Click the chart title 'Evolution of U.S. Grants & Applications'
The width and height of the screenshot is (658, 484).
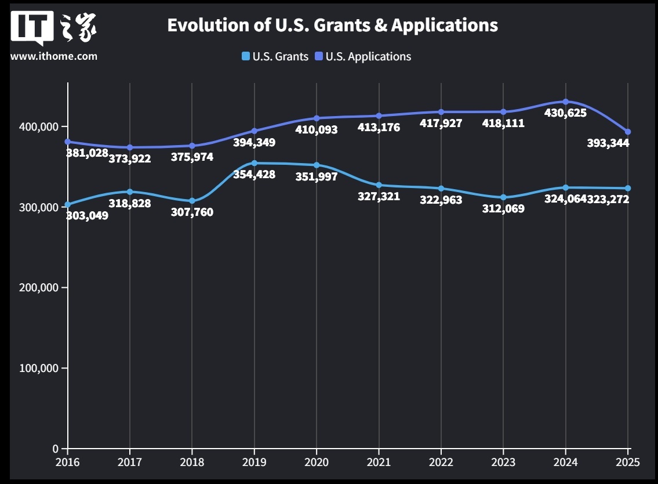pyautogui.click(x=332, y=25)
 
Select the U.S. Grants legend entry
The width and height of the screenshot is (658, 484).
pyautogui.click(x=275, y=56)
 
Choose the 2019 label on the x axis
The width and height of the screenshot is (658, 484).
pyautogui.click(x=254, y=462)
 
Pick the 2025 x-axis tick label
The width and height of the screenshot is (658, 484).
pyautogui.click(x=627, y=462)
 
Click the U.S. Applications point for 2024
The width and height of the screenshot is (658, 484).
pyautogui.click(x=565, y=102)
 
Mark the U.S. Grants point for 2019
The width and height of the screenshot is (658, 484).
pyautogui.click(x=255, y=163)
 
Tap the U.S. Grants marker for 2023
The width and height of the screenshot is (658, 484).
pyautogui.click(x=503, y=197)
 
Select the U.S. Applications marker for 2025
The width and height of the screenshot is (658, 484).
pyautogui.click(x=628, y=132)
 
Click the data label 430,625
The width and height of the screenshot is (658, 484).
pyautogui.click(x=565, y=113)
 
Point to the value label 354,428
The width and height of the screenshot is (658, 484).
pyautogui.click(x=254, y=174)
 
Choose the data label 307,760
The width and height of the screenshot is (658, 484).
pyautogui.click(x=192, y=212)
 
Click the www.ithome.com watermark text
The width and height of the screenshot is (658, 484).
pyautogui.click(x=54, y=56)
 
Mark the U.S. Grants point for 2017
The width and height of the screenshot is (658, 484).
pyautogui.click(x=130, y=192)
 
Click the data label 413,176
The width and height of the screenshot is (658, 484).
pyautogui.click(x=379, y=127)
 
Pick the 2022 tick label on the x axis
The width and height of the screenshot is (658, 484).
pyautogui.click(x=441, y=462)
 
